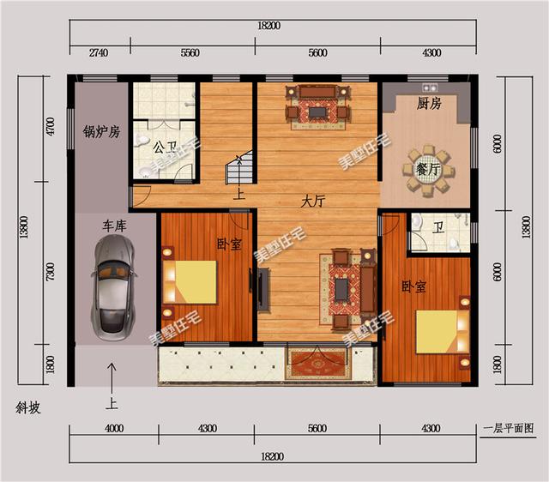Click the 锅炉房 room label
(x=101, y=132)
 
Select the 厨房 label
(x=429, y=104)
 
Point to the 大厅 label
(x=313, y=202)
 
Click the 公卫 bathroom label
(x=165, y=148)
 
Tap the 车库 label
(x=114, y=226)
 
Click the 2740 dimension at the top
(x=99, y=53)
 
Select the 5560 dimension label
(x=190, y=53)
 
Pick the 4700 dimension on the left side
(x=51, y=127)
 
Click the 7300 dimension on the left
(x=51, y=271)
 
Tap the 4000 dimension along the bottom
(x=114, y=429)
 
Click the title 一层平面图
(x=509, y=428)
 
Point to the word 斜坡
(x=28, y=408)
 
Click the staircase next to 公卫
(x=239, y=167)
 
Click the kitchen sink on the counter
(x=430, y=87)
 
